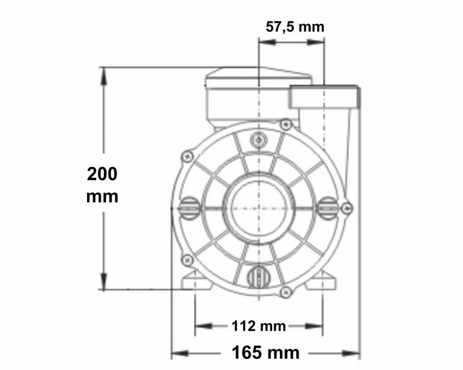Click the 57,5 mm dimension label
tap(294, 27)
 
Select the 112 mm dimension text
tap(258, 326)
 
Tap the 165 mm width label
tap(265, 353)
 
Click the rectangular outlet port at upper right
tap(324, 97)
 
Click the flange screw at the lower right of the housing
tap(285, 292)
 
